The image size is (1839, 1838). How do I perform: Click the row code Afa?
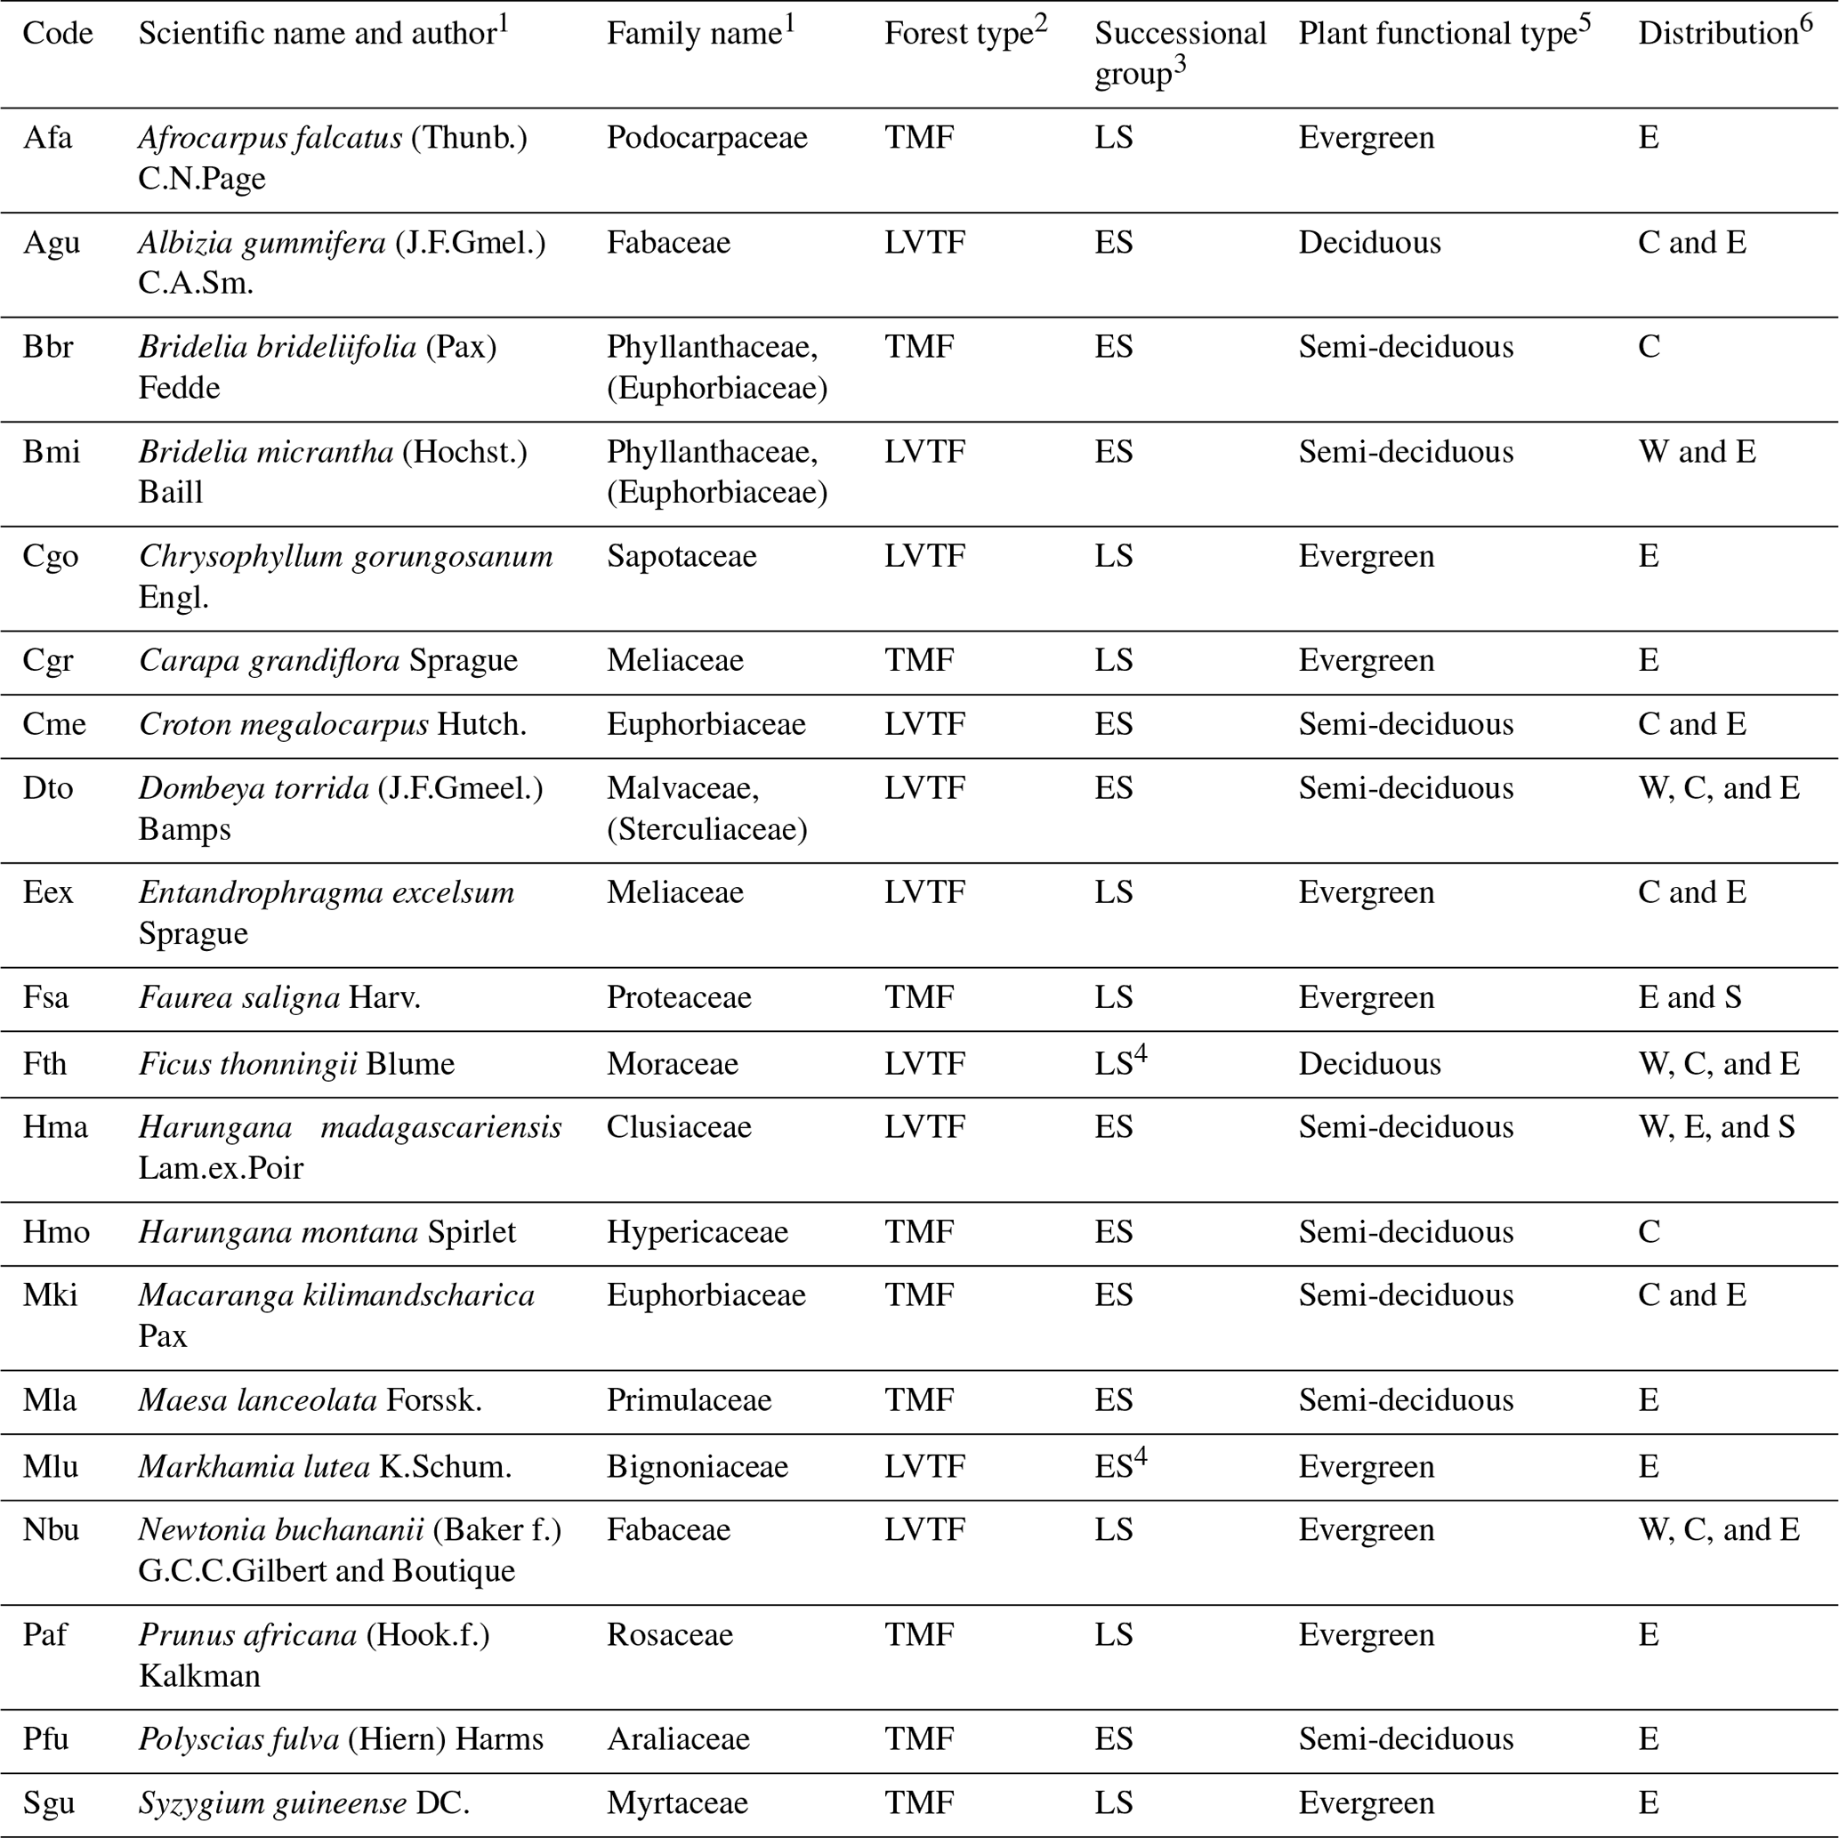(x=47, y=138)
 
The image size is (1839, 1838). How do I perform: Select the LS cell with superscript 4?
(x=1120, y=1062)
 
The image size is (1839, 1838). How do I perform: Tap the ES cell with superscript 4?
(x=1120, y=1466)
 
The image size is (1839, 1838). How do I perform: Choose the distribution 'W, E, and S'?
(x=1715, y=1127)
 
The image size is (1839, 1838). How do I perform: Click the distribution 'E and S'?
(x=1689, y=997)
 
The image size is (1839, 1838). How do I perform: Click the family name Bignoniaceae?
(x=697, y=1467)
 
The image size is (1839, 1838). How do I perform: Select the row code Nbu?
(x=51, y=1529)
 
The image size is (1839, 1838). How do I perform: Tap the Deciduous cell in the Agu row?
(x=1368, y=243)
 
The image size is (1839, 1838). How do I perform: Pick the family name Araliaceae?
(x=678, y=1739)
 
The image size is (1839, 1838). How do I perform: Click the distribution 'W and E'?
(x=1697, y=452)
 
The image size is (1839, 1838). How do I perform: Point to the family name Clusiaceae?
(x=679, y=1127)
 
